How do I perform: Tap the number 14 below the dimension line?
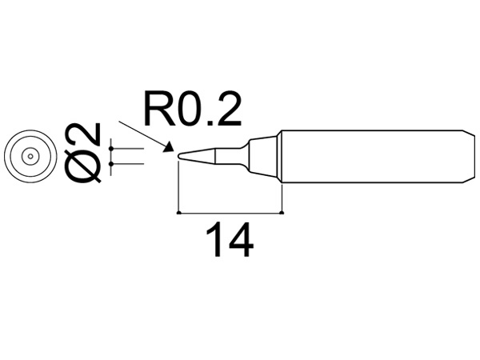coord(230,240)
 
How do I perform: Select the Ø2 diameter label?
coord(84,153)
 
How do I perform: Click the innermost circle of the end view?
coord(29,157)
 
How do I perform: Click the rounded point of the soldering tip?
coord(179,155)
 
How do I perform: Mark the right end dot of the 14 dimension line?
coord(283,213)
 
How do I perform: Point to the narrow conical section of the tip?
coord(212,155)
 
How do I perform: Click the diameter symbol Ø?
coord(84,166)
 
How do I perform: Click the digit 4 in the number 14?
coord(241,240)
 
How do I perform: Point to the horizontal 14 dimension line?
coord(230,213)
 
